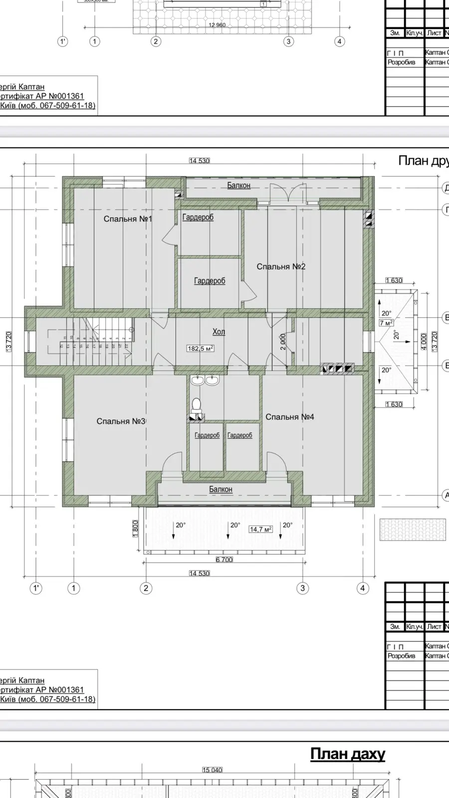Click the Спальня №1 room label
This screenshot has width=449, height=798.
click(128, 219)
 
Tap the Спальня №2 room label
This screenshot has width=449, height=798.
click(281, 267)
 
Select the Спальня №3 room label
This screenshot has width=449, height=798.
click(121, 421)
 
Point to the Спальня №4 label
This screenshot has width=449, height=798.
click(289, 417)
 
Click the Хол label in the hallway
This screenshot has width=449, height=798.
click(219, 332)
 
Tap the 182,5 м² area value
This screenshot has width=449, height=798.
click(201, 349)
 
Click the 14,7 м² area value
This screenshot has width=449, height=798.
click(260, 529)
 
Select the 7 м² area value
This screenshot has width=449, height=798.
click(386, 323)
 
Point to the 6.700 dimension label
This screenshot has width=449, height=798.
click(224, 560)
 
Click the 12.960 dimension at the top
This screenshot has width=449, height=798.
click(217, 25)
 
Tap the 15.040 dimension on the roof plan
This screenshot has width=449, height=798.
click(212, 770)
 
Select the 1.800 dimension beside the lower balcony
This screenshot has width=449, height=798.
click(135, 529)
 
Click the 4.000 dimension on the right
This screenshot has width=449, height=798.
click(424, 342)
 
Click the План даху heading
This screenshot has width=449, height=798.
click(347, 754)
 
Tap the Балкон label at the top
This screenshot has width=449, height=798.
click(238, 186)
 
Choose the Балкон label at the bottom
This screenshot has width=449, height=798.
click(221, 489)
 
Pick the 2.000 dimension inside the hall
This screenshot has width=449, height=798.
click(283, 342)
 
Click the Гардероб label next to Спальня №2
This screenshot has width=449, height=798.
click(210, 281)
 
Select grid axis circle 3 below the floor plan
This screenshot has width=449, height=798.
click(302, 588)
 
